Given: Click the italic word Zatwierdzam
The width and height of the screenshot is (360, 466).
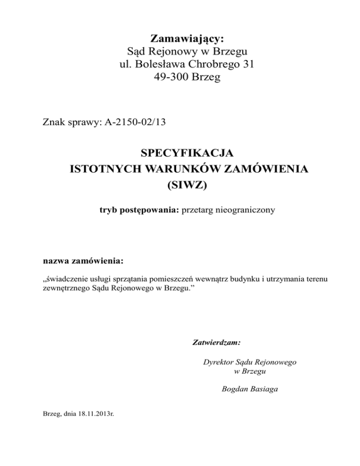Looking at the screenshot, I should pyautogui.click(x=217, y=343).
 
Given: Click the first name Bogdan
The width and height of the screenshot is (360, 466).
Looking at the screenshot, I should pyautogui.click(x=232, y=388).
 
